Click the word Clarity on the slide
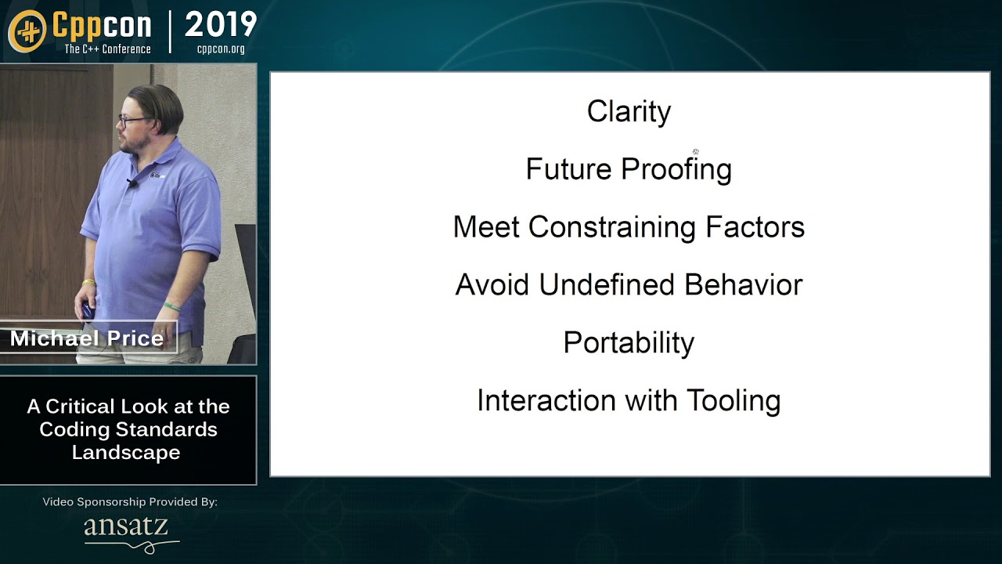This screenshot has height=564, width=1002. (629, 111)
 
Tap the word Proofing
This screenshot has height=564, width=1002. (676, 169)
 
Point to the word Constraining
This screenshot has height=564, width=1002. (612, 227)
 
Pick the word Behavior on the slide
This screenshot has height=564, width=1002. (743, 285)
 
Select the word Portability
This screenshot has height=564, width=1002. (629, 343)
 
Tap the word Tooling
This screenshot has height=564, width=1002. (733, 401)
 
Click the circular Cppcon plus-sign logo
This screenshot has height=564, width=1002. (27, 31)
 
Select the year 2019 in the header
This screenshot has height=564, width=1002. (221, 25)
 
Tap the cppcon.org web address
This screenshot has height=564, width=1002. (221, 49)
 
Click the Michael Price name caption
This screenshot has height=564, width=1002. (87, 338)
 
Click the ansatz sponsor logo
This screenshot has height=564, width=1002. (127, 530)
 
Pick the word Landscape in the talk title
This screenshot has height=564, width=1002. (126, 453)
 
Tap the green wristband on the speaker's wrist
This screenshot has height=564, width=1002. (171, 306)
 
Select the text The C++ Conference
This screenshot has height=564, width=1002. (107, 49)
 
